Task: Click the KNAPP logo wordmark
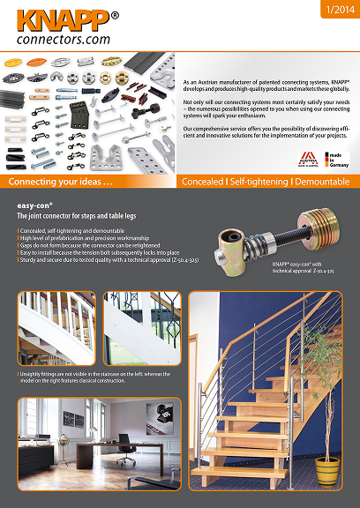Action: (x=53, y=19)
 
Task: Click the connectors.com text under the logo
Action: (x=61, y=39)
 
